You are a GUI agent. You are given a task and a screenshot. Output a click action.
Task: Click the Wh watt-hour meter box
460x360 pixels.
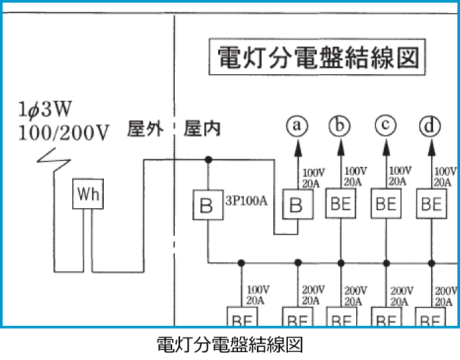tap(87, 194)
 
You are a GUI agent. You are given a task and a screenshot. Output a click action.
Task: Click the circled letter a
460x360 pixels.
tap(297, 125)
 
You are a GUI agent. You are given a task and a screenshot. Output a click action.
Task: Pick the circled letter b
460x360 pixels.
tap(340, 125)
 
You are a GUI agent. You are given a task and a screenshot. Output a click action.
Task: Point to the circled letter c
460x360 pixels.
tap(386, 125)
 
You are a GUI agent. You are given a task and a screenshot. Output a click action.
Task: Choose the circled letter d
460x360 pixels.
tap(431, 125)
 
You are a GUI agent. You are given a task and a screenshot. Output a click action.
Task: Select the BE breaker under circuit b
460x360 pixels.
tap(340, 204)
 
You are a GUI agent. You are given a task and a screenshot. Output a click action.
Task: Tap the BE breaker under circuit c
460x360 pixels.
tap(386, 204)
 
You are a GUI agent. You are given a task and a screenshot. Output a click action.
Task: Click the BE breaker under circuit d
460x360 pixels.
tap(431, 204)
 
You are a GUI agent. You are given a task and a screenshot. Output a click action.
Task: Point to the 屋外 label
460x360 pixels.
tap(145, 129)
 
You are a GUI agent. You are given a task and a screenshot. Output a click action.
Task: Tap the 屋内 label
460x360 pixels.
tap(202, 129)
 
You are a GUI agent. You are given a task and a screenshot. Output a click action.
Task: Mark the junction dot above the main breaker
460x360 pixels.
tap(208, 159)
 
